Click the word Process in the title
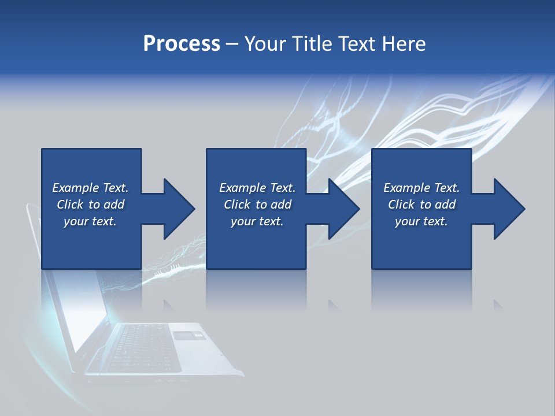point(182,44)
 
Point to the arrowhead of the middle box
point(343,209)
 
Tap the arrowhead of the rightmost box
point(509,209)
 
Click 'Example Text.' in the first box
point(90,188)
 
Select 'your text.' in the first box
point(90,221)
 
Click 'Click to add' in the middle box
point(257,205)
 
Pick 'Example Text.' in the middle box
point(257,188)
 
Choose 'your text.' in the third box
point(421,221)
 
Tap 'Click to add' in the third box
point(421,205)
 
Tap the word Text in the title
point(360,44)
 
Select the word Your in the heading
point(264,44)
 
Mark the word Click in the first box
point(70,205)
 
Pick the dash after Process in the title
point(232,44)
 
